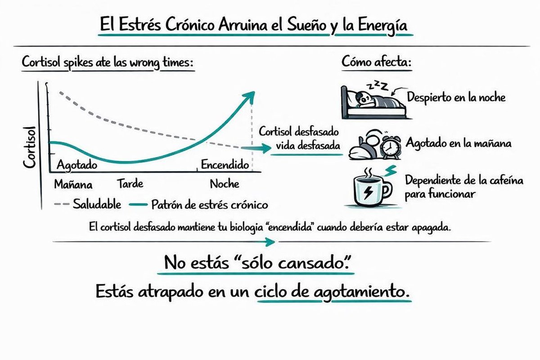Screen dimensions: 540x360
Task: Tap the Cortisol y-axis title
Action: (31, 147)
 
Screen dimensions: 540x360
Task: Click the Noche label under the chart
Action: (225, 184)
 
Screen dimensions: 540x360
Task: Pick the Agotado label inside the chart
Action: (76, 165)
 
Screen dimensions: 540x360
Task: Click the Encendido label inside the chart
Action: (225, 165)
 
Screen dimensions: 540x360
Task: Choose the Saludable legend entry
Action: (97, 205)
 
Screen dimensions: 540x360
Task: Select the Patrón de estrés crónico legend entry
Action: (210, 205)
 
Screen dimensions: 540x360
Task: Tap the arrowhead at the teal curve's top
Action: (249, 95)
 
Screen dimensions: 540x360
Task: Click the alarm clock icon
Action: (390, 146)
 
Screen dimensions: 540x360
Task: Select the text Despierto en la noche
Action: (456, 97)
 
